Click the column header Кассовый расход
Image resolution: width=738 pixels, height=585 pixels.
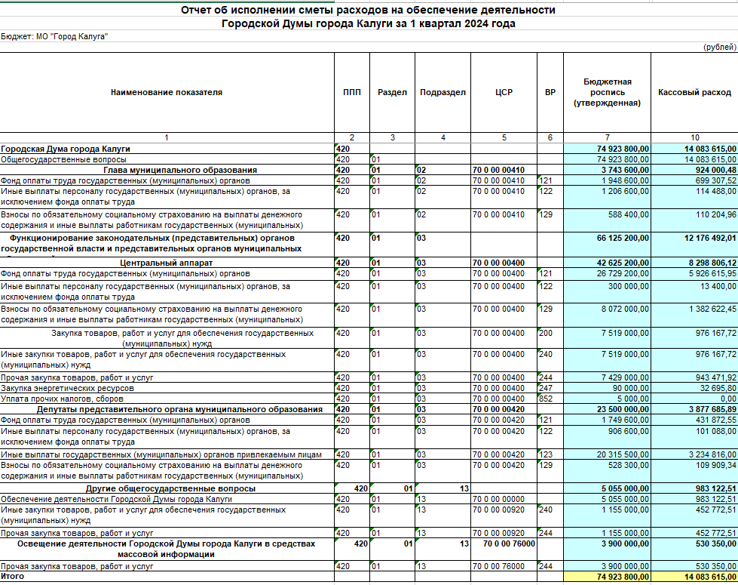[694, 93]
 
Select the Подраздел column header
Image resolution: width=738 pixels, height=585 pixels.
[442, 93]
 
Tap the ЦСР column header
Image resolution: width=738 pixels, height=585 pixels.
[504, 93]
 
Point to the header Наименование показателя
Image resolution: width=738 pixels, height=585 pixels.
[167, 93]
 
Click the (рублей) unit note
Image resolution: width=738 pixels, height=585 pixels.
[719, 47]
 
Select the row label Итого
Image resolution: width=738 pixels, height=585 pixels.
[12, 577]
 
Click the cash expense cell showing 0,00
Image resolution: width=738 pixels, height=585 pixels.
[727, 399]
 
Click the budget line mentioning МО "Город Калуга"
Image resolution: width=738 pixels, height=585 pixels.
[54, 35]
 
